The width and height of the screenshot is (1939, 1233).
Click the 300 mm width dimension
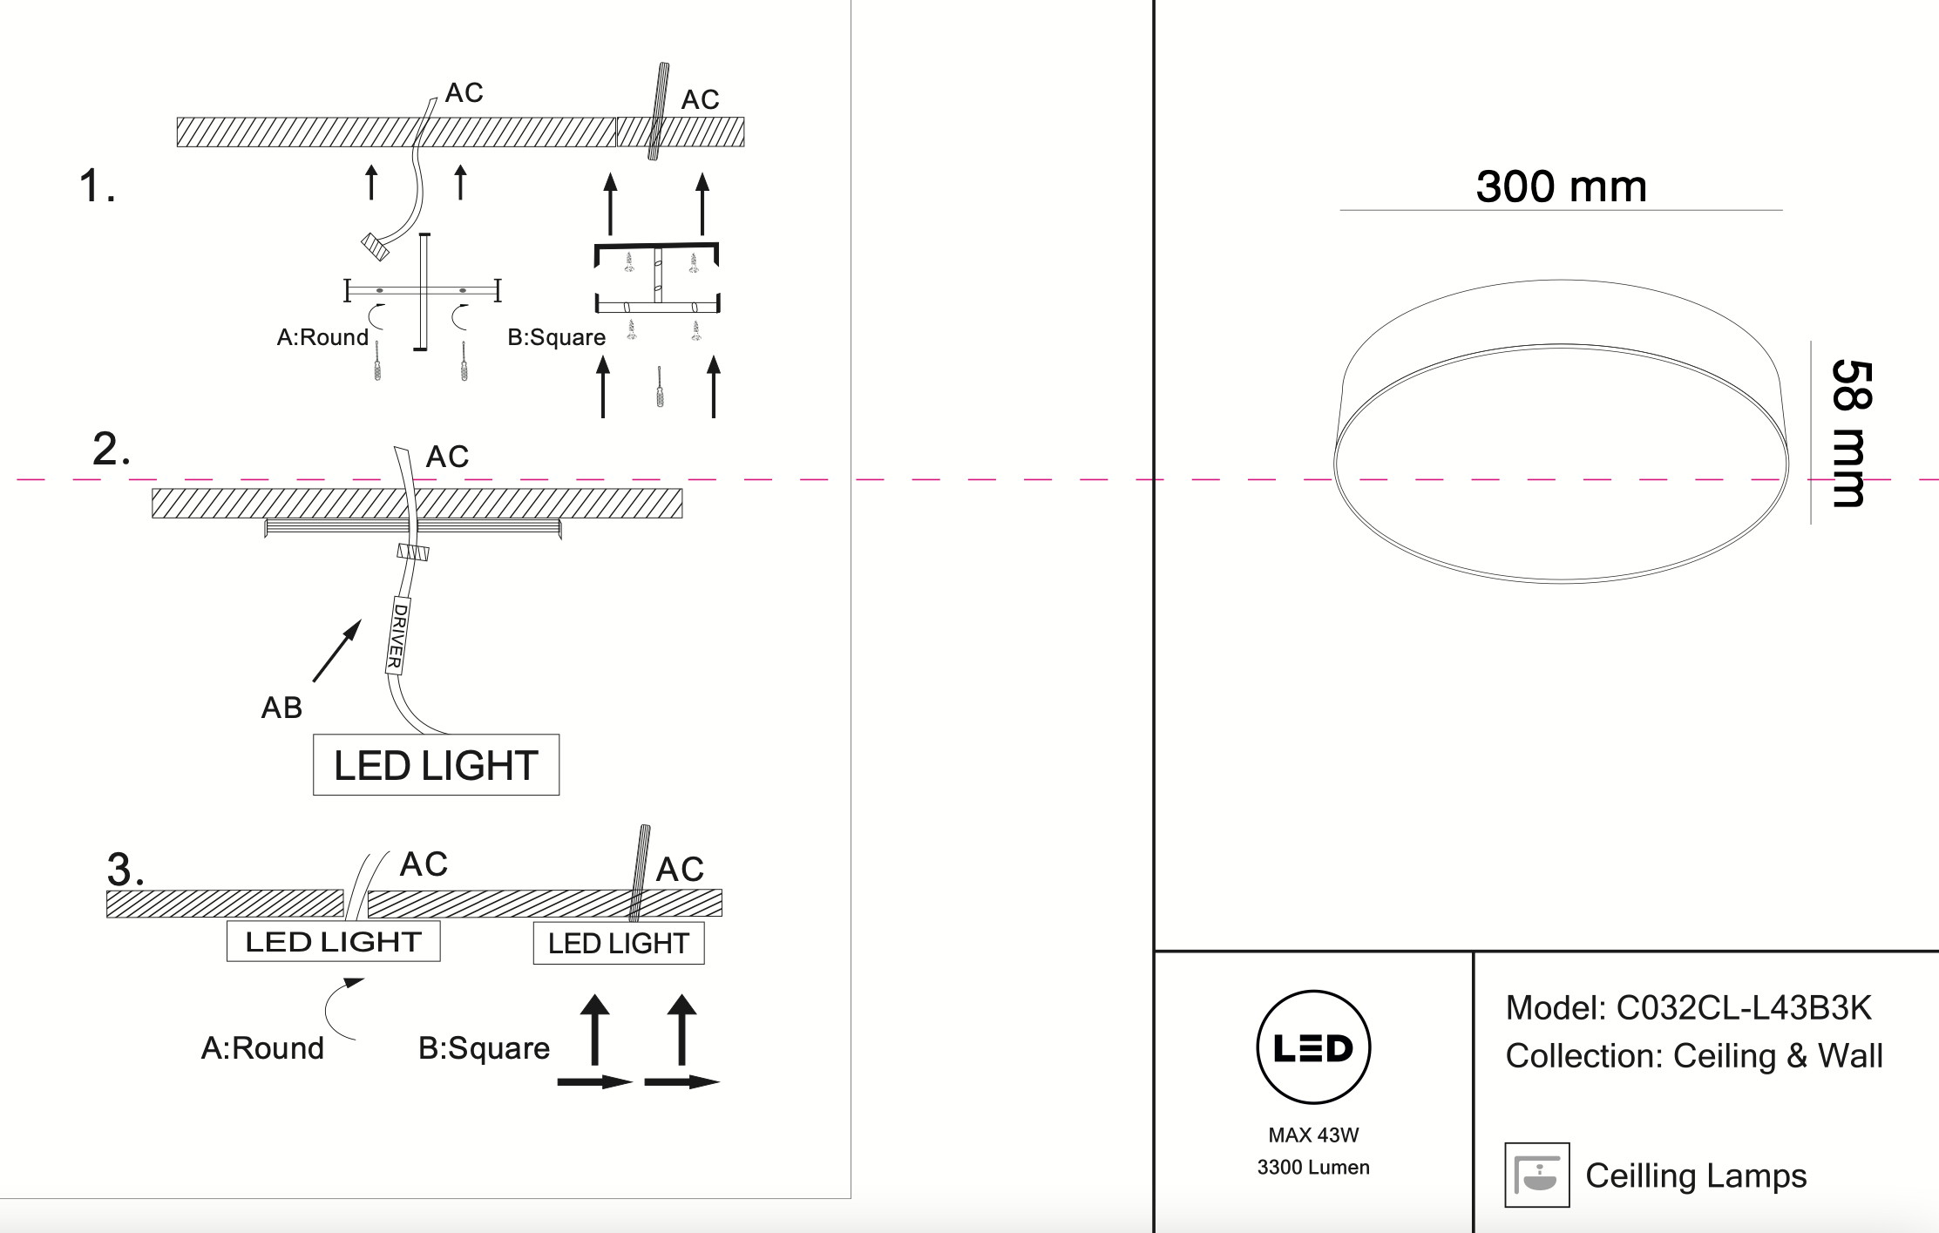pyautogui.click(x=1561, y=187)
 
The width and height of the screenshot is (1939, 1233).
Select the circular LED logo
pyautogui.click(x=1313, y=1047)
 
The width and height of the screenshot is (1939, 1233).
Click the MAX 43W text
pyautogui.click(x=1313, y=1135)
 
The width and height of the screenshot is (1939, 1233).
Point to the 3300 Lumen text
pyautogui.click(x=1313, y=1168)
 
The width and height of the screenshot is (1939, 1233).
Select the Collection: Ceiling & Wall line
pyautogui.click(x=1693, y=1056)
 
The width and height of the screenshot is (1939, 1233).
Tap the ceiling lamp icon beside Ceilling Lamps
pyautogui.click(x=1536, y=1175)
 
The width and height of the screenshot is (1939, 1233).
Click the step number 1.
pyautogui.click(x=96, y=186)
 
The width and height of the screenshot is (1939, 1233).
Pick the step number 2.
pyautogui.click(x=111, y=449)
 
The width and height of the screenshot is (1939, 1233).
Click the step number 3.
pyautogui.click(x=125, y=869)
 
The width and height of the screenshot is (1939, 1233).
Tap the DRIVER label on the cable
pyautogui.click(x=398, y=635)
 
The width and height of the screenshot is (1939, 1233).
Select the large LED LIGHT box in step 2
pyautogui.click(x=436, y=765)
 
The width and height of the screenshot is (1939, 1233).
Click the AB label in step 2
pyautogui.click(x=281, y=708)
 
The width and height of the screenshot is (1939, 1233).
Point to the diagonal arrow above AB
pyautogui.click(x=337, y=650)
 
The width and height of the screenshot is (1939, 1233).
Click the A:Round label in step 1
pyautogui.click(x=322, y=337)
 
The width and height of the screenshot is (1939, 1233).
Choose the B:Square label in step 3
pyautogui.click(x=484, y=1048)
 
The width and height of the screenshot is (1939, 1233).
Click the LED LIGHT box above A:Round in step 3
pyautogui.click(x=333, y=941)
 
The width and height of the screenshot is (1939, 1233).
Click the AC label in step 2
pyautogui.click(x=447, y=457)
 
